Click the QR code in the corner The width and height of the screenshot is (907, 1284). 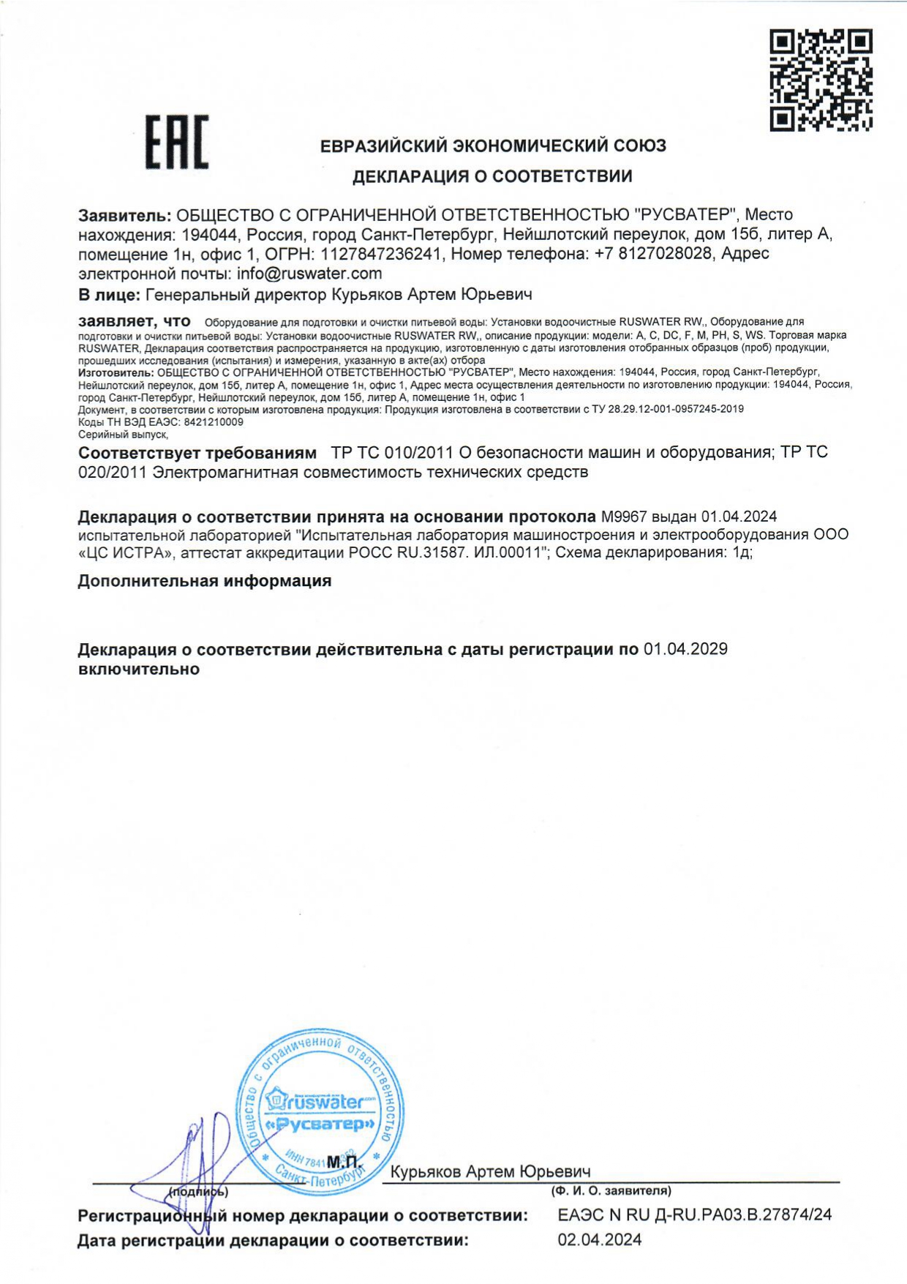[821, 80]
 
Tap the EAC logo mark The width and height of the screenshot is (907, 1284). [176, 142]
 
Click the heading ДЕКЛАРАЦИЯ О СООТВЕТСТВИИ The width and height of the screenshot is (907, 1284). [492, 176]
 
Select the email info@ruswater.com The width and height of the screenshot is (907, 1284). [309, 274]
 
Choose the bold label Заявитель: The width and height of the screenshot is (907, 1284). [125, 215]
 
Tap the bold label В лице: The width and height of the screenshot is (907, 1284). [109, 295]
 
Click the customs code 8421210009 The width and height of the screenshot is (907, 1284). [214, 422]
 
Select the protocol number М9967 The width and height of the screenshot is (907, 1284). [624, 517]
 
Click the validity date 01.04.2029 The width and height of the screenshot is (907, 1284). [685, 649]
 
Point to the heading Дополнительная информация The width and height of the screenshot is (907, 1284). [205, 581]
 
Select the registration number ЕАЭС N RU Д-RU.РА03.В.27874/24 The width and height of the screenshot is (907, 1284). [694, 1214]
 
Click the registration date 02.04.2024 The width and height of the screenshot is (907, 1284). [599, 1239]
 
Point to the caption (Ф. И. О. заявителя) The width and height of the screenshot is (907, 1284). [611, 1191]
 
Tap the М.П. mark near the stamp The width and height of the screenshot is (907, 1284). [344, 1162]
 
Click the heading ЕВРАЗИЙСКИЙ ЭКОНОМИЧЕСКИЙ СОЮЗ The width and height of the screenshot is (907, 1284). [493, 146]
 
